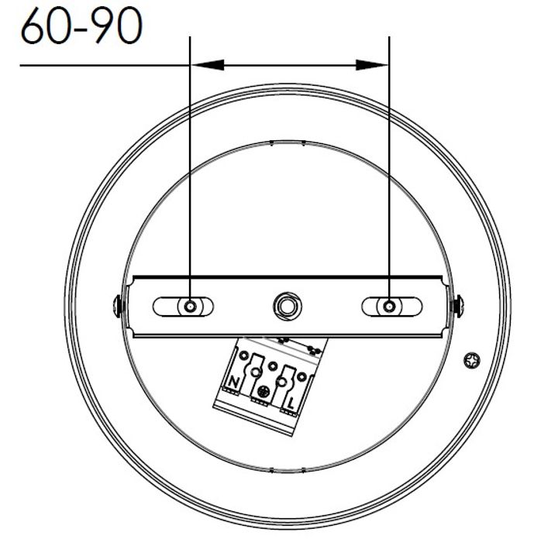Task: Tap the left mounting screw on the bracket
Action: (x=190, y=307)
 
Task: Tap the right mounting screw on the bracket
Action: (x=388, y=307)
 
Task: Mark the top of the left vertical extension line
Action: (x=190, y=37)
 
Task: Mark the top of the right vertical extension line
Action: (x=388, y=37)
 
